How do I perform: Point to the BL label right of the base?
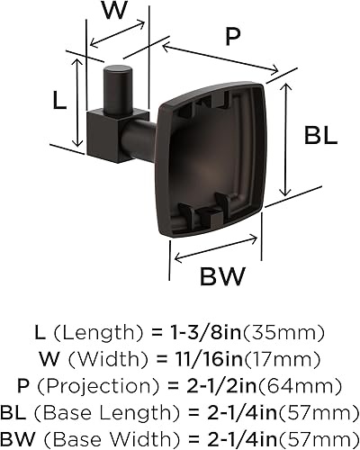pos(321,137)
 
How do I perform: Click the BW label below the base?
pos(220,276)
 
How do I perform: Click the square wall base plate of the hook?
pos(216,157)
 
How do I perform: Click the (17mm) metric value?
pos(269,361)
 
